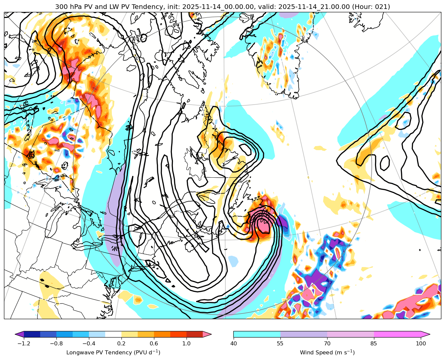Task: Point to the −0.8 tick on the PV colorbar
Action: [56, 344]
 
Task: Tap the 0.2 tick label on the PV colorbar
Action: [121, 344]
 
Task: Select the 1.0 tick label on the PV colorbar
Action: [186, 344]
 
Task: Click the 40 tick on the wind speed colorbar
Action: [233, 344]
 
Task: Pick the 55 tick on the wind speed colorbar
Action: [280, 344]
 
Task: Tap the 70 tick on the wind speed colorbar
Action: [327, 344]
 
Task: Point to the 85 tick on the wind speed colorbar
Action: [374, 344]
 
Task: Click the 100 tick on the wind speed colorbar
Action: [421, 344]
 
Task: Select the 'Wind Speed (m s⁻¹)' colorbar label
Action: [327, 352]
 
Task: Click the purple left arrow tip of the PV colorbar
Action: [19, 334]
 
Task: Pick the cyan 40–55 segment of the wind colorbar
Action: [257, 334]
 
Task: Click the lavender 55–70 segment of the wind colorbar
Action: [304, 334]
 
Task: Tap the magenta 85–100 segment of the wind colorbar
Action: [398, 334]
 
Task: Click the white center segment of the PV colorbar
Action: [113, 334]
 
